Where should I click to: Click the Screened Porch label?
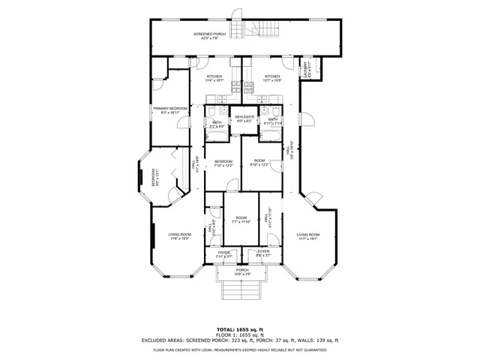[x=209, y=36]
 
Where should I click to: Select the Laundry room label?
[x=306, y=70]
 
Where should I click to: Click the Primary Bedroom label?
[x=169, y=110]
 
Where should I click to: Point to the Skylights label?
[x=244, y=118]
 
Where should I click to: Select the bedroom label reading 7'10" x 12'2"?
[x=223, y=163]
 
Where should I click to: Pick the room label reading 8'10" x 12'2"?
[x=259, y=163]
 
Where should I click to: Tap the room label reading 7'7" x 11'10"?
[x=241, y=220]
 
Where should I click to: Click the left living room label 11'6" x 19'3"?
[x=180, y=236]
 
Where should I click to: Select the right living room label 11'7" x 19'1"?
[x=307, y=236]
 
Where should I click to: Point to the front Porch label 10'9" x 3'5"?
[x=242, y=271]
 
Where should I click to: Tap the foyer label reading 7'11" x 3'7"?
[x=223, y=254]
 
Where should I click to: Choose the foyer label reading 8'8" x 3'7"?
[x=263, y=254]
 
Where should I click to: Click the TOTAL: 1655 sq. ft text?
[x=240, y=329]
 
